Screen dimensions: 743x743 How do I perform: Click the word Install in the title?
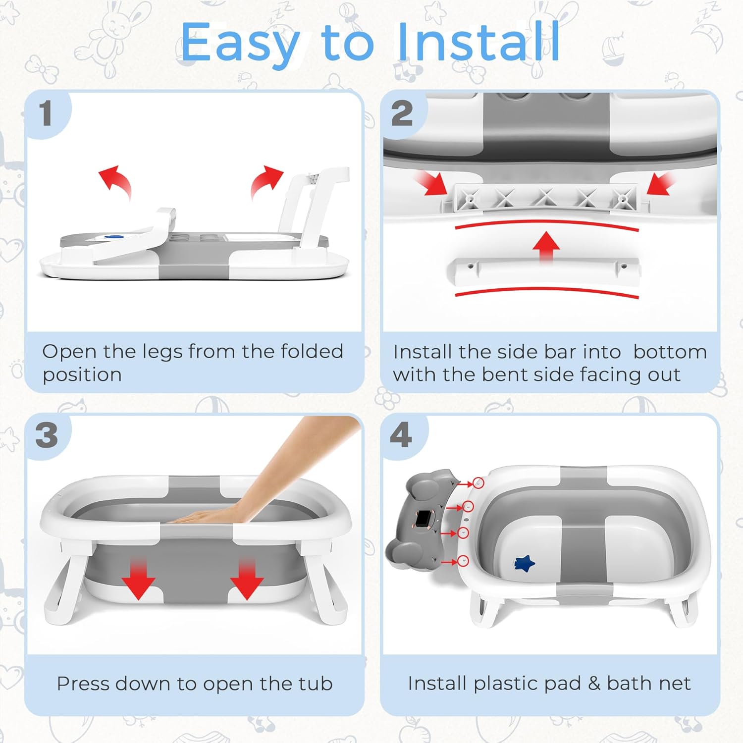pyautogui.click(x=478, y=43)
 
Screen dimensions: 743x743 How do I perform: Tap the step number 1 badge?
pyautogui.click(x=46, y=113)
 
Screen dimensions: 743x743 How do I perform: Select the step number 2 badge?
pyautogui.click(x=402, y=113)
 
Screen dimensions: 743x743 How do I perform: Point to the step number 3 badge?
pyautogui.click(x=47, y=435)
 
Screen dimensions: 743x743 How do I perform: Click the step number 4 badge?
pyautogui.click(x=401, y=435)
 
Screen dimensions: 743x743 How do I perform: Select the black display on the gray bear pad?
pyautogui.click(x=423, y=519)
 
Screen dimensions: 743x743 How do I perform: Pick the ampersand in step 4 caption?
pyautogui.click(x=594, y=684)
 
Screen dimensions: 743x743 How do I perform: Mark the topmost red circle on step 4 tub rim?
pyautogui.click(x=478, y=482)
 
